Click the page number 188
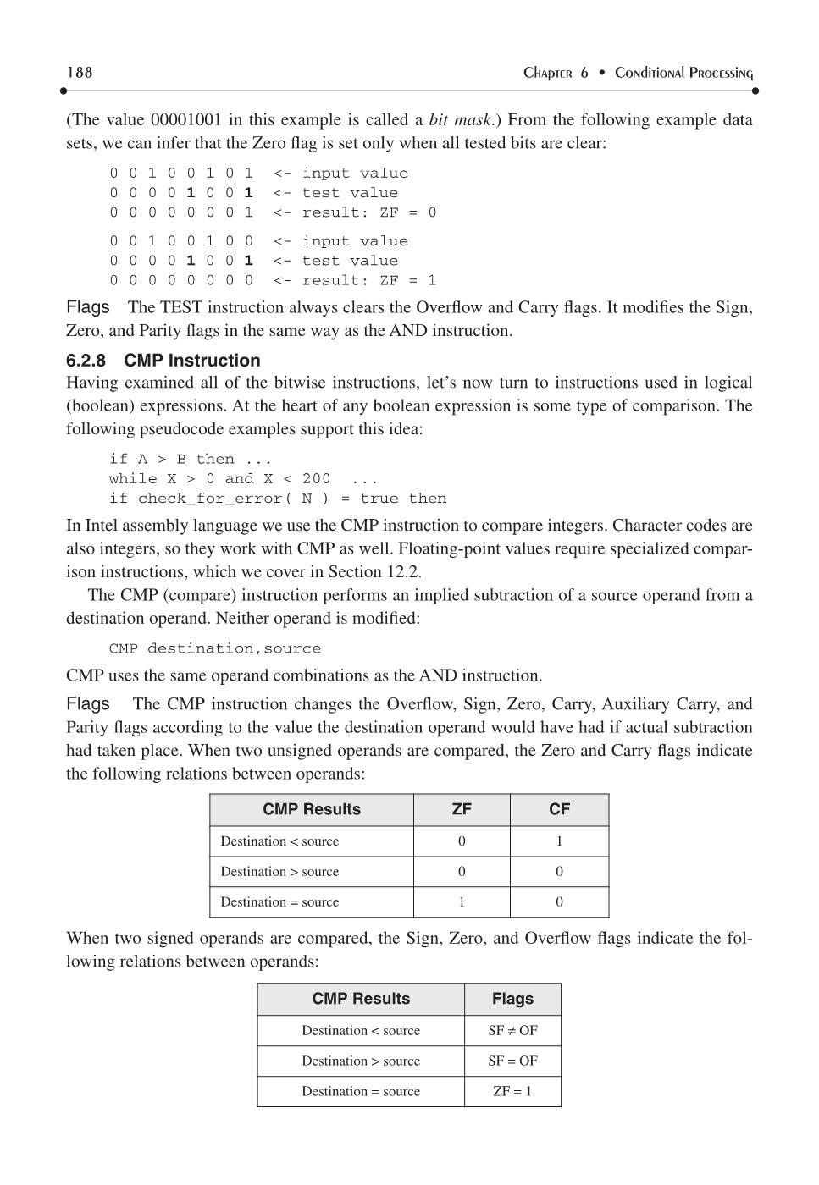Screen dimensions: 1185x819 pos(80,73)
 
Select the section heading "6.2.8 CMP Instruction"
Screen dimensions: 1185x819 pos(163,361)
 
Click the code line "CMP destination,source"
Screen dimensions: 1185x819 pos(215,648)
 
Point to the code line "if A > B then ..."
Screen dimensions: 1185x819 pos(191,459)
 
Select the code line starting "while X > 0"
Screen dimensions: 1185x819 pos(243,478)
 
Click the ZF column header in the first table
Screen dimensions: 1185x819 pos(462,809)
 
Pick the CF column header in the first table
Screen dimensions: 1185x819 pos(559,809)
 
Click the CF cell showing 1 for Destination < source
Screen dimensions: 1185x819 pos(559,841)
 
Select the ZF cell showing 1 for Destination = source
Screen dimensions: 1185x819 pos(462,902)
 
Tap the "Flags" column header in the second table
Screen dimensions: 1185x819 pos(512,999)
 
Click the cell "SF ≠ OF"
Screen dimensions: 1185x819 pos(512,1031)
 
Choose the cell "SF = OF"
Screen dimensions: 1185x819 pos(512,1061)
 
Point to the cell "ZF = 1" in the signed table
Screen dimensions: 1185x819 pos(512,1092)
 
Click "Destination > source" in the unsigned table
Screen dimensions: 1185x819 pos(279,872)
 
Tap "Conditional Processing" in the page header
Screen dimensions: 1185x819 pos(683,74)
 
